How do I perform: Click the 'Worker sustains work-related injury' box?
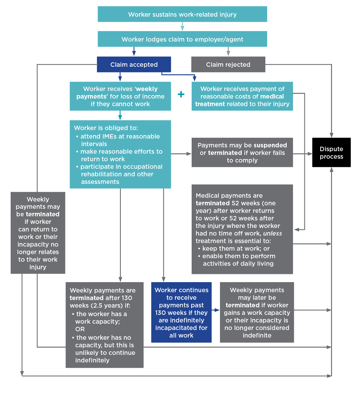coord(182,14)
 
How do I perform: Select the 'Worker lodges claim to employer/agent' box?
coord(182,39)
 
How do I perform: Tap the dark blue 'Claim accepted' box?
coord(134,65)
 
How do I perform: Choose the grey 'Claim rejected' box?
coord(228,65)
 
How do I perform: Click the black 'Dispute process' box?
coord(331,152)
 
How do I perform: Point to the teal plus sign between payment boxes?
coord(181,94)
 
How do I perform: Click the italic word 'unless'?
coord(272,233)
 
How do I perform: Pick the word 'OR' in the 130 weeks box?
coord(80,329)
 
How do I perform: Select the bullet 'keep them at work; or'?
coord(235,248)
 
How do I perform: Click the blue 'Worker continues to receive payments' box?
coord(181,312)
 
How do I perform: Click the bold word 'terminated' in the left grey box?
coord(42,214)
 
